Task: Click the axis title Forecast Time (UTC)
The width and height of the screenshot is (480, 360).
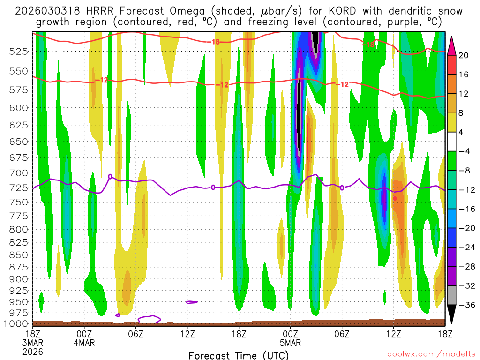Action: pyautogui.click(x=239, y=355)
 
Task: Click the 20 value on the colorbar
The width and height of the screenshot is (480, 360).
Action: pyautogui.click(x=463, y=55)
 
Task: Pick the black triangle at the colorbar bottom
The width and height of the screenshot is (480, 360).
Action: pyautogui.click(x=452, y=315)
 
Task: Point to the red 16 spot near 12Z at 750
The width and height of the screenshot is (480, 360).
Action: pyautogui.click(x=395, y=198)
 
